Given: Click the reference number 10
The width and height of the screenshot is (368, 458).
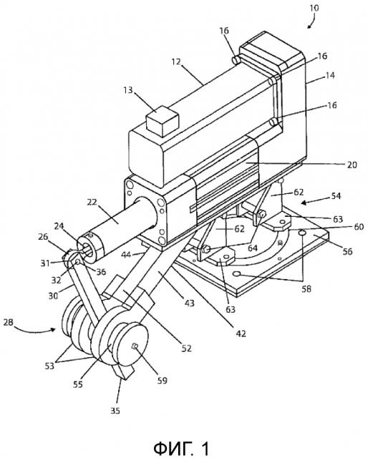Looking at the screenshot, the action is click(x=314, y=8).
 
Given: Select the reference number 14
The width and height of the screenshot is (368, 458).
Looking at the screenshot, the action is click(x=330, y=76).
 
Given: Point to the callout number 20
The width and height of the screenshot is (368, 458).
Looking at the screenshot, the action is click(x=352, y=165).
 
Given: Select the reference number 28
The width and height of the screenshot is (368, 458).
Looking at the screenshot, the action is click(x=9, y=323).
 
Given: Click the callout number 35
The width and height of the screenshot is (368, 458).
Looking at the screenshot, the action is click(x=115, y=411).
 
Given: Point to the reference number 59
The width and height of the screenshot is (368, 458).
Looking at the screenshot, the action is click(x=163, y=381).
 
